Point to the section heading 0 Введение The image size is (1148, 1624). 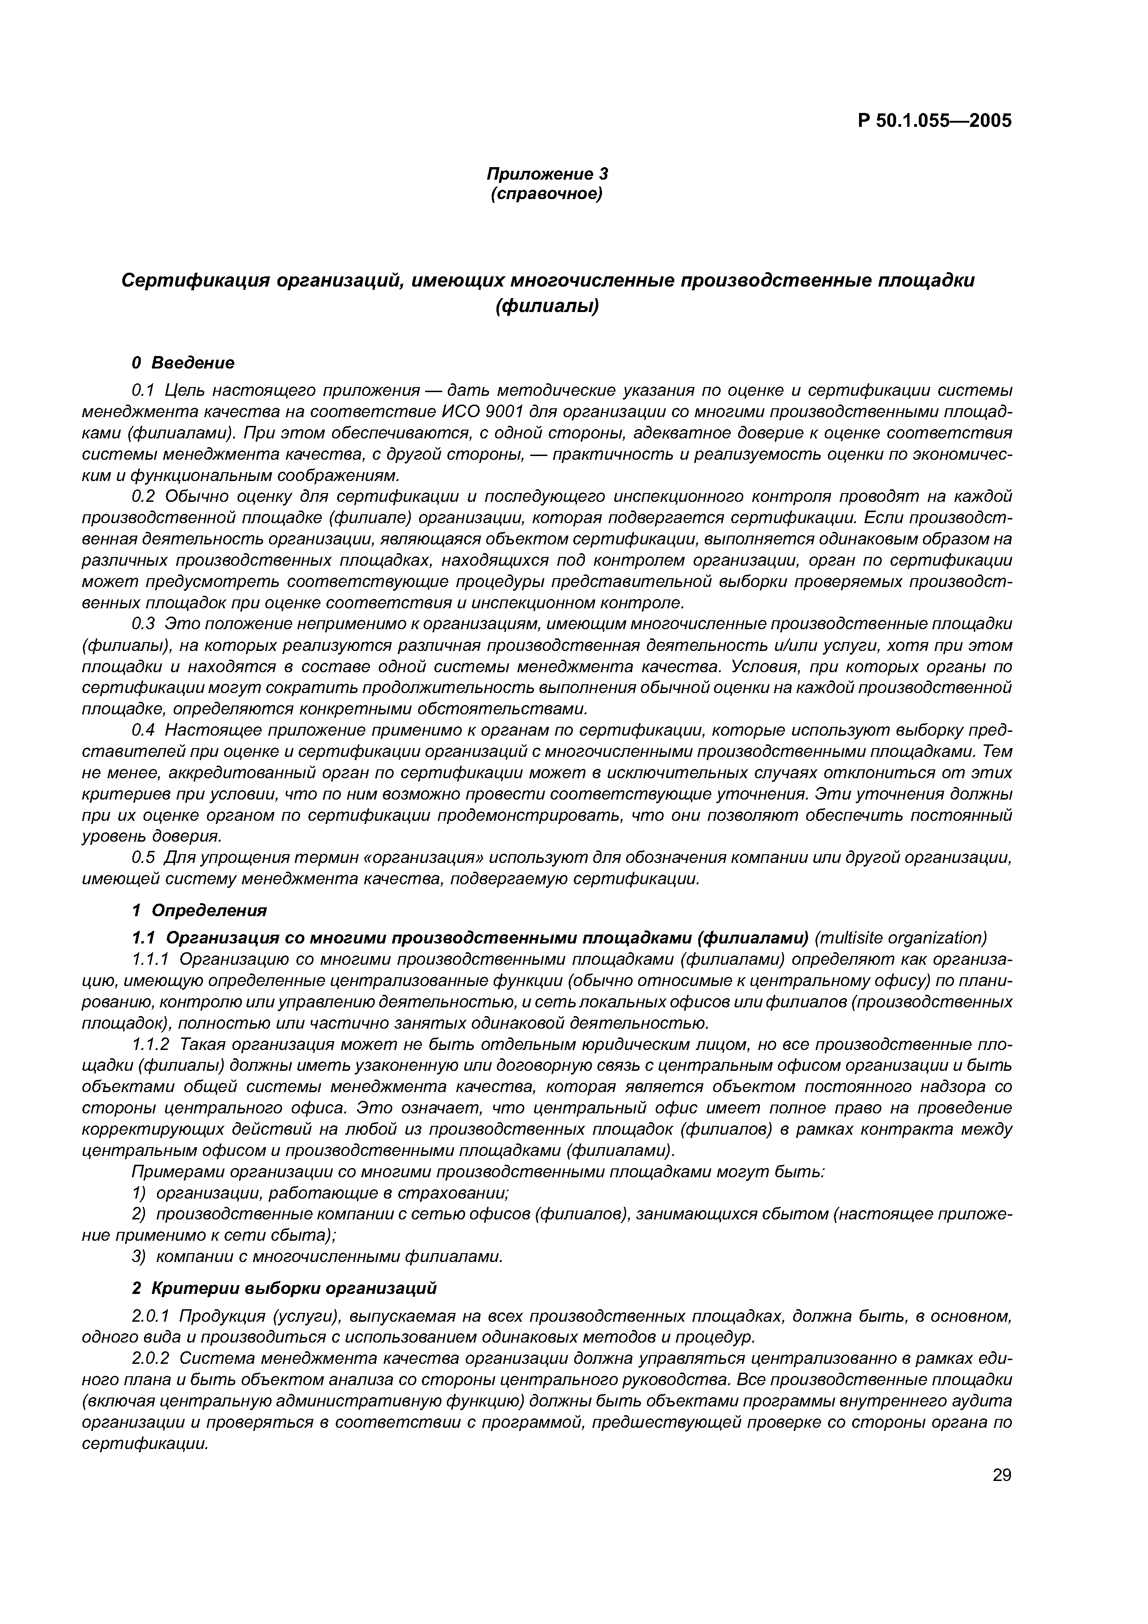coord(183,363)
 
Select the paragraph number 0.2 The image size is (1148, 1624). coord(144,497)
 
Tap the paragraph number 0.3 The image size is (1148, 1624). coord(144,624)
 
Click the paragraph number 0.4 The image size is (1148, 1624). coord(144,730)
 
